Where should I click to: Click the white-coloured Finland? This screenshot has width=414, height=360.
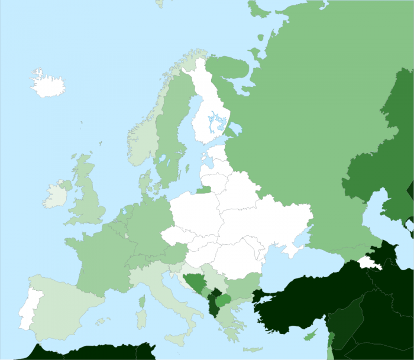[210, 106]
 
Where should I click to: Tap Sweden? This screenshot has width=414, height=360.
[172, 136]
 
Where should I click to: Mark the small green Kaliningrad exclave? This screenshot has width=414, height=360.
[203, 190]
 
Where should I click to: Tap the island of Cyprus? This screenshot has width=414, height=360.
[309, 335]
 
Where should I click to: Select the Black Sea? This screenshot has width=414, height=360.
[308, 266]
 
